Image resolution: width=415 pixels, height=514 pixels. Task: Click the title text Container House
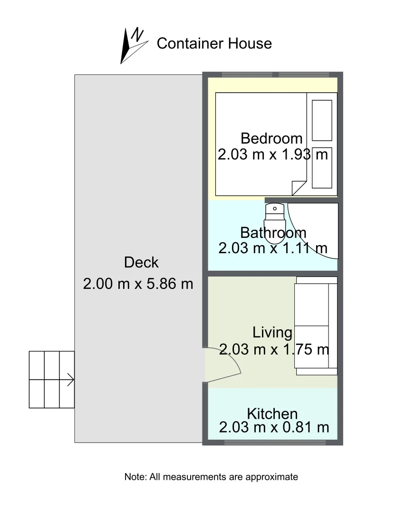214,43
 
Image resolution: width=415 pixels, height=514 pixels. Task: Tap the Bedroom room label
271,138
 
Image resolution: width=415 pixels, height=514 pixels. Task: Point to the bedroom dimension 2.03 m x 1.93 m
273,154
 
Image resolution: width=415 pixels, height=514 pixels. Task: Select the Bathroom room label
273,232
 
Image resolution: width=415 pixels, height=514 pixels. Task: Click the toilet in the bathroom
274,217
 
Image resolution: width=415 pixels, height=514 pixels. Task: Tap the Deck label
141,262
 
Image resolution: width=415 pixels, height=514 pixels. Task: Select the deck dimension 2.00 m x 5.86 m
138,284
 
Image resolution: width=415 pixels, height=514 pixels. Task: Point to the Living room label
272,332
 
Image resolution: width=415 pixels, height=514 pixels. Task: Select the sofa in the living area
316,326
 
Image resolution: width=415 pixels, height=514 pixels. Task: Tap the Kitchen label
272,413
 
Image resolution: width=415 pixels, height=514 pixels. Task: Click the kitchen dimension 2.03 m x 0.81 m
274,427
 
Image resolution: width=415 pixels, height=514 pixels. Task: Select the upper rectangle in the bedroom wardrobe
322,120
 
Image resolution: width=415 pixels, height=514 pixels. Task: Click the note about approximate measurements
211,476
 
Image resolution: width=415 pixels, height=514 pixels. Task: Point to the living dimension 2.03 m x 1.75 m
274,349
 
